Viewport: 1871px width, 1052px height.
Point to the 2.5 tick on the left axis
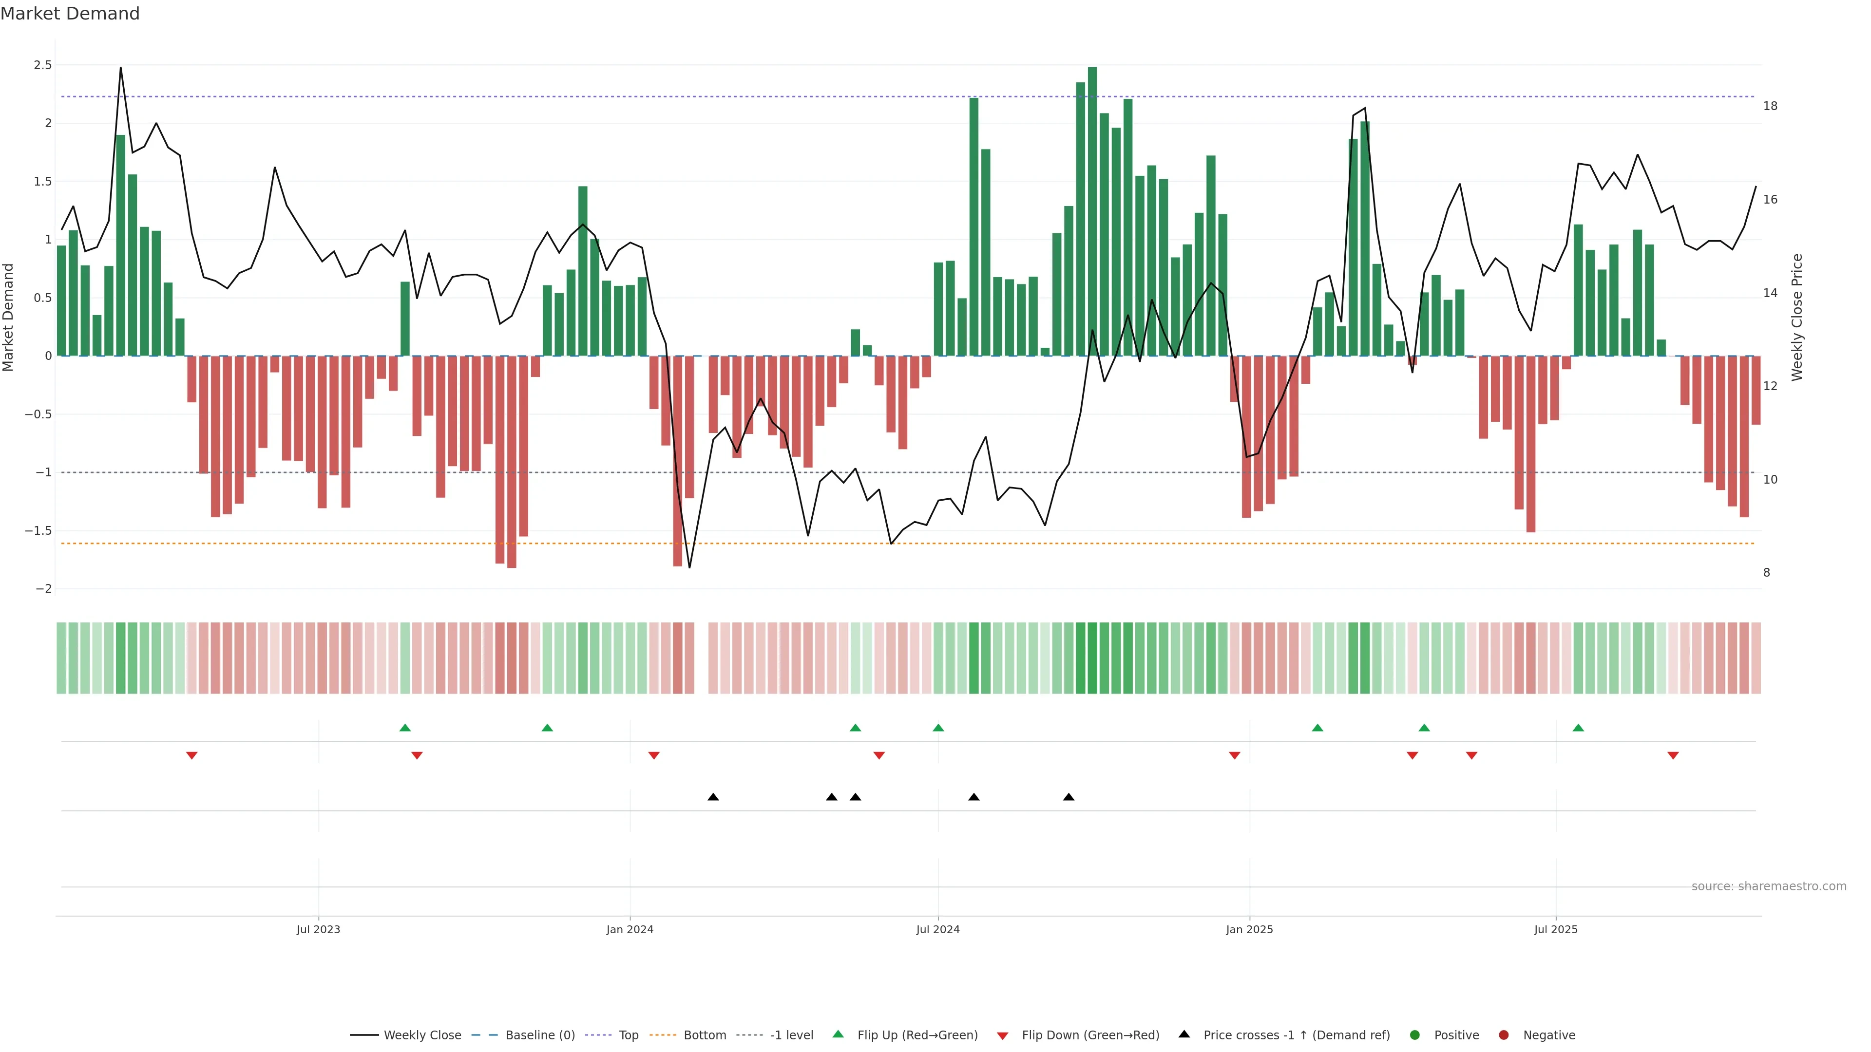(43, 65)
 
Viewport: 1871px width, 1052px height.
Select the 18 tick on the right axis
(1770, 106)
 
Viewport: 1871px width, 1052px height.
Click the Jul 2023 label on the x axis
(318, 929)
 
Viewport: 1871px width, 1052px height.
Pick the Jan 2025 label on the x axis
(1249, 929)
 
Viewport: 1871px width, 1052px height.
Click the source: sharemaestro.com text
(1769, 886)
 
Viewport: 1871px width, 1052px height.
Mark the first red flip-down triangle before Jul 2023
(192, 756)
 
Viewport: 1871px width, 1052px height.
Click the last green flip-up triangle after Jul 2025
(1578, 728)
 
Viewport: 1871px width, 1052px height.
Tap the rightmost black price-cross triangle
(1069, 797)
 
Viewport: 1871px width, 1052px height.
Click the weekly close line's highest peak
(120, 68)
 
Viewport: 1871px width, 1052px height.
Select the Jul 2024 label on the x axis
(937, 929)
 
